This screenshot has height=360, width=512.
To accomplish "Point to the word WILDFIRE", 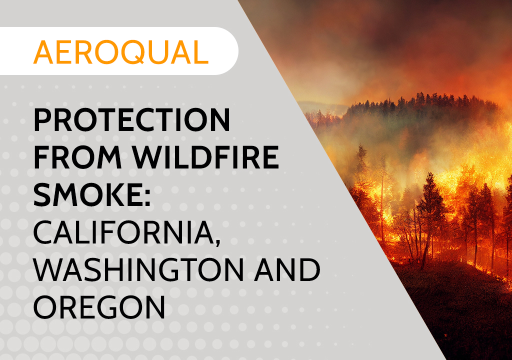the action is [x=205, y=157].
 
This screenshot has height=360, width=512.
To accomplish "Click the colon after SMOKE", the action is [x=147, y=196].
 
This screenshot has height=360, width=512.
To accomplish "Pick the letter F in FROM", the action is [x=41, y=157].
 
